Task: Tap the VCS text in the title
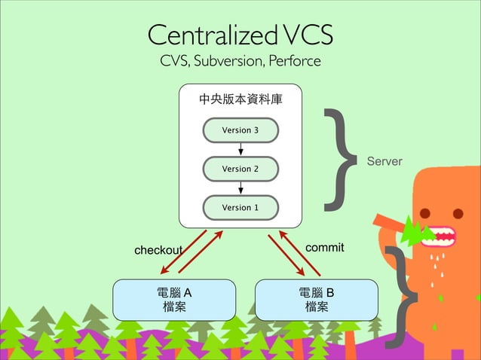pyautogui.click(x=306, y=35)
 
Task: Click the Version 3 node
pyautogui.click(x=240, y=130)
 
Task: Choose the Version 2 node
pyautogui.click(x=240, y=169)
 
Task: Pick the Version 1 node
pyautogui.click(x=240, y=207)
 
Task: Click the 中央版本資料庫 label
pyautogui.click(x=240, y=99)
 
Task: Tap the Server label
pyautogui.click(x=384, y=162)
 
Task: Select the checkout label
pyautogui.click(x=158, y=249)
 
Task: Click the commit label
pyautogui.click(x=325, y=247)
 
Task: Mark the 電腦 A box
pyautogui.click(x=174, y=299)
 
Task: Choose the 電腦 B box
pyautogui.click(x=317, y=299)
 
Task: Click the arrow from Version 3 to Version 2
pyautogui.click(x=240, y=149)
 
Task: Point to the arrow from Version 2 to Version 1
pyautogui.click(x=240, y=188)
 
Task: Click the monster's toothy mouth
pyautogui.click(x=440, y=235)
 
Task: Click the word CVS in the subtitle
pyautogui.click(x=172, y=61)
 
